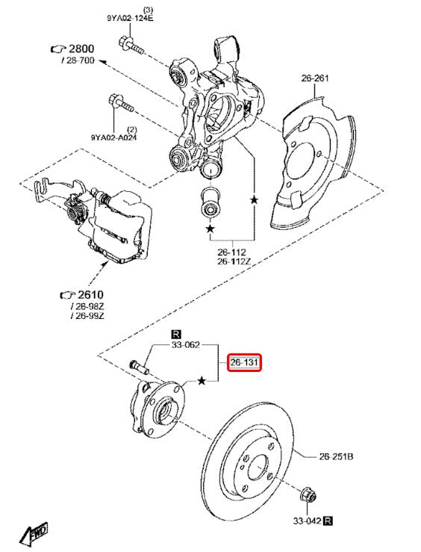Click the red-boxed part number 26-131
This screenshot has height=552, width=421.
point(244,363)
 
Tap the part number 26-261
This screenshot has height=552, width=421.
point(316,77)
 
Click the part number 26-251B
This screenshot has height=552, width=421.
point(337,456)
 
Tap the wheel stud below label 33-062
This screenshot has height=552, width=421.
point(139,368)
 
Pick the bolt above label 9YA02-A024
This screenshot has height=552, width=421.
point(119,103)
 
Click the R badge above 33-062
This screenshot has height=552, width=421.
point(176,333)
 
